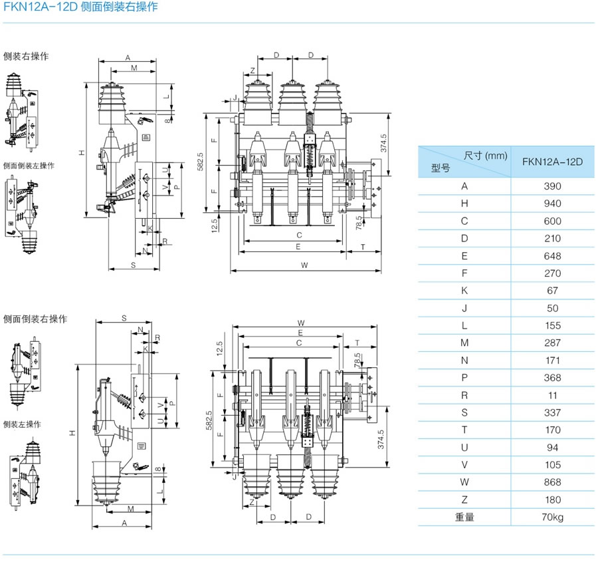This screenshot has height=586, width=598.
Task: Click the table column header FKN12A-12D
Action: click(x=552, y=162)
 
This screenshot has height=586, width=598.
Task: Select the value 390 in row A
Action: click(x=552, y=186)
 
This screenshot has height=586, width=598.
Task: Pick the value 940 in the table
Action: click(x=552, y=204)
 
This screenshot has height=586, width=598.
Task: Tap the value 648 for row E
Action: click(x=552, y=256)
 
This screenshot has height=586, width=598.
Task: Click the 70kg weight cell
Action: click(x=552, y=517)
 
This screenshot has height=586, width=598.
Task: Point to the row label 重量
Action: click(x=464, y=517)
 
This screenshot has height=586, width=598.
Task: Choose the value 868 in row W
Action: click(x=552, y=482)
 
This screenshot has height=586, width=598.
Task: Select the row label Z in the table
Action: click(x=464, y=500)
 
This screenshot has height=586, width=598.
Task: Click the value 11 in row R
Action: click(x=552, y=395)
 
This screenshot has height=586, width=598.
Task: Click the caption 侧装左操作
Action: click(x=22, y=424)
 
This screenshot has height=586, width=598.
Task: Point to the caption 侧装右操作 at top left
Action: click(x=26, y=57)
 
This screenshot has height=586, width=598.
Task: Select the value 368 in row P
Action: click(x=552, y=378)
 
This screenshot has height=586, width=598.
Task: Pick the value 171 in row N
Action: click(x=552, y=361)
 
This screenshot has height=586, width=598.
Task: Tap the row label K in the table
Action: click(x=464, y=291)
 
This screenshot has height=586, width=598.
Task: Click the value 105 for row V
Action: click(x=552, y=465)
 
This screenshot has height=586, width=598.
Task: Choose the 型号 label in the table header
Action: click(x=441, y=169)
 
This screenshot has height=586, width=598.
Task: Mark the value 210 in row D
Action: click(x=552, y=238)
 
